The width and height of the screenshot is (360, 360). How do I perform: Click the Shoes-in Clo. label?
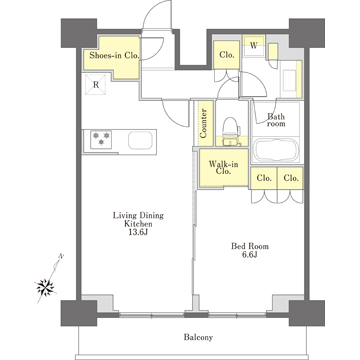point(114,56)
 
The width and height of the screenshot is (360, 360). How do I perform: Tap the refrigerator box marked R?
point(96,85)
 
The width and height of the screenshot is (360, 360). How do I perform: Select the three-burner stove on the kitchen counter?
point(101,139)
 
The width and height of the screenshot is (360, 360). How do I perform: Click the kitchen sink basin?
point(141,140)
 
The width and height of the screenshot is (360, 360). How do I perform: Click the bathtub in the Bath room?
point(276,150)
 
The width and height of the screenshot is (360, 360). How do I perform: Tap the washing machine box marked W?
point(254,46)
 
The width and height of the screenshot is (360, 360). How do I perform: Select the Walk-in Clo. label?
point(223,168)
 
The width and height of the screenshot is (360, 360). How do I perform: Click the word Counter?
point(204,123)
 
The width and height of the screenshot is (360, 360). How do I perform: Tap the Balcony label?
point(198,337)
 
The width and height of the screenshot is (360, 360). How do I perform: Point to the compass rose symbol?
point(45,286)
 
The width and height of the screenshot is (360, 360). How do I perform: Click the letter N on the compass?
point(61,256)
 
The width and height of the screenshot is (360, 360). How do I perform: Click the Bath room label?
point(276,120)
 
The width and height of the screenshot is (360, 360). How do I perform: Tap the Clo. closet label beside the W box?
point(227,55)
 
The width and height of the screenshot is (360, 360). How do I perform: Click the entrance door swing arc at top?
point(157,15)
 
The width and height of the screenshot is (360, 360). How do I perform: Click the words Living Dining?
point(138,215)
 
